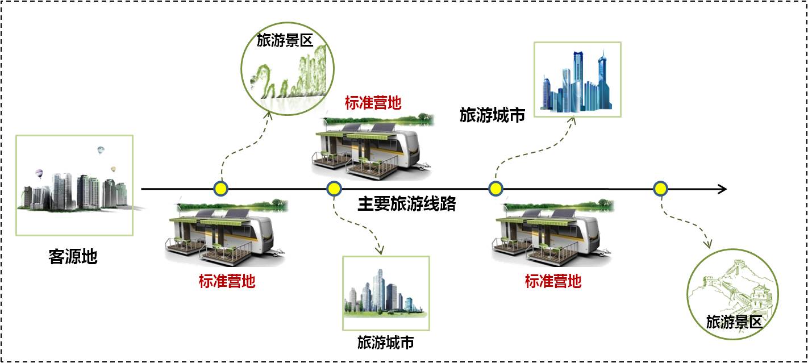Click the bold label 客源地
point(73,257)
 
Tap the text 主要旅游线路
point(406,205)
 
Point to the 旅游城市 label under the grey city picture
point(385,343)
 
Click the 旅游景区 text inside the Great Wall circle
point(733,322)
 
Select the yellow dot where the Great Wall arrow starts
point(660,189)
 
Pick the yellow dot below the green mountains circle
point(220,189)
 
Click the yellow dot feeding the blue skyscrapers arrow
point(496,189)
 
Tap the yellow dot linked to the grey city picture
point(334,189)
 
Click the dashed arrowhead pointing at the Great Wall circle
point(708,245)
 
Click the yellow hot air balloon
point(113,169)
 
